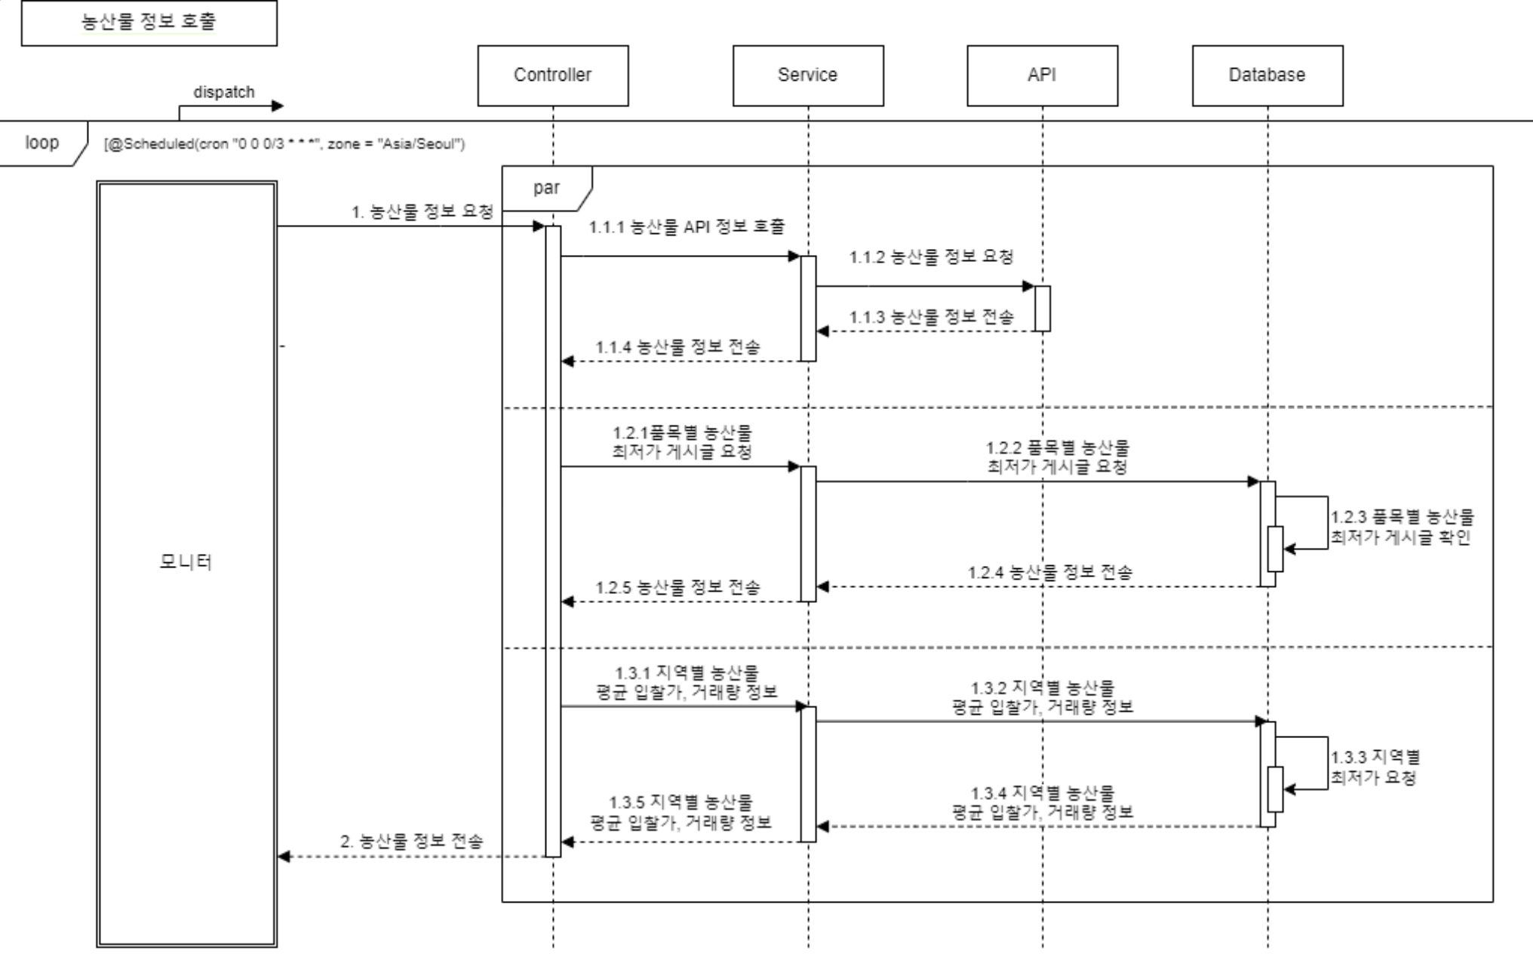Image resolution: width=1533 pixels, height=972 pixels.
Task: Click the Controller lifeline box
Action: (x=552, y=75)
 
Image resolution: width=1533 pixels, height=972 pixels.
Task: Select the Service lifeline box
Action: (x=807, y=75)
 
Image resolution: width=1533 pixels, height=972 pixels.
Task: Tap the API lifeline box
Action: (x=1042, y=75)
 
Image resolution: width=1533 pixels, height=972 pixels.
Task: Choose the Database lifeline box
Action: (x=1267, y=75)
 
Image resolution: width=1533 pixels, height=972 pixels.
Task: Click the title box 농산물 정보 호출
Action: (x=149, y=23)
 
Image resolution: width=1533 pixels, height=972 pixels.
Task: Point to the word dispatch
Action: (x=223, y=92)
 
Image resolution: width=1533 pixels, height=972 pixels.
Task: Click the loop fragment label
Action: (x=41, y=143)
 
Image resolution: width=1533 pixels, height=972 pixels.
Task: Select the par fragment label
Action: (x=546, y=188)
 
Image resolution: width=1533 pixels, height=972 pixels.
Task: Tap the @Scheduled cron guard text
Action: (x=284, y=144)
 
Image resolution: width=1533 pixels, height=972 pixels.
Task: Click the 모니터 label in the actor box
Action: (x=186, y=561)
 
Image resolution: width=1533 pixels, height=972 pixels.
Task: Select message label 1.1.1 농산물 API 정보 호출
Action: (x=687, y=227)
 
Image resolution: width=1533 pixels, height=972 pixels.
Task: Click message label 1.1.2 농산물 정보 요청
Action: (x=931, y=257)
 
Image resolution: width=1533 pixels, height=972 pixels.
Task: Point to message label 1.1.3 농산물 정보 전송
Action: (x=931, y=317)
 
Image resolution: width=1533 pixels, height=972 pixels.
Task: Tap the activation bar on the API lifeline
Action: (x=1042, y=308)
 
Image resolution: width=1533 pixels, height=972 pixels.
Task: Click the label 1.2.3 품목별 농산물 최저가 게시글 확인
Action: (x=1401, y=527)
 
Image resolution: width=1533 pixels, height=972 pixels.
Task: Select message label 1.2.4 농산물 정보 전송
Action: (x=1049, y=573)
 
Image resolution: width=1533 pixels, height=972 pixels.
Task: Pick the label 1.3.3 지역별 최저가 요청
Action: (x=1375, y=767)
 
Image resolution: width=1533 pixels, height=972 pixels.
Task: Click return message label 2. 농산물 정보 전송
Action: (x=411, y=841)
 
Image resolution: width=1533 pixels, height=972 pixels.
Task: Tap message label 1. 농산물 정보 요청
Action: (x=422, y=212)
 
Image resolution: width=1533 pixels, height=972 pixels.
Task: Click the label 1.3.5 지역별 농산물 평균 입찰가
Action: (x=680, y=812)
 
